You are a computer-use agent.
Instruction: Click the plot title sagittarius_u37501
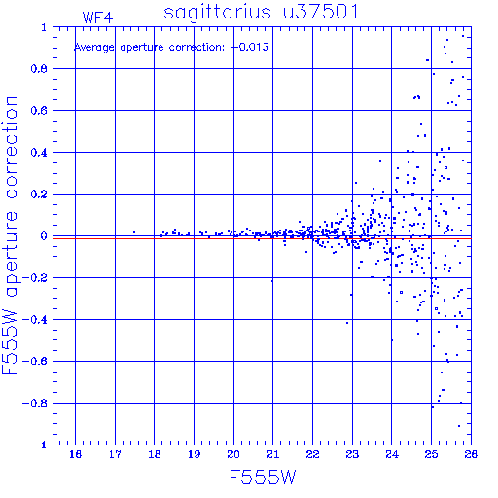click(x=261, y=13)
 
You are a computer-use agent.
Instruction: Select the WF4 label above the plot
click(x=97, y=18)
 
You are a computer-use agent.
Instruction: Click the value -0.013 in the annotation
click(x=251, y=47)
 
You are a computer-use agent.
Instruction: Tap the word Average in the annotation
click(x=94, y=48)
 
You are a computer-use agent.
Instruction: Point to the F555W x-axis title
click(x=263, y=478)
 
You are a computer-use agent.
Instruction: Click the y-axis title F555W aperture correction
click(x=10, y=235)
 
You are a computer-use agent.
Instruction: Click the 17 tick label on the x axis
click(x=115, y=454)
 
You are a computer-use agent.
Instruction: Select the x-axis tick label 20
click(x=233, y=454)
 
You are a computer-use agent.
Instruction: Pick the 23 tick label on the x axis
click(x=352, y=454)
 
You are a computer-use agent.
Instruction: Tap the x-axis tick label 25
click(x=431, y=454)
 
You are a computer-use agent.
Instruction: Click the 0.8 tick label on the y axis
click(x=39, y=69)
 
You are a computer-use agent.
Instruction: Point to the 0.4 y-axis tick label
click(x=39, y=153)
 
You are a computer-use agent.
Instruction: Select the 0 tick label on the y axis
click(x=44, y=236)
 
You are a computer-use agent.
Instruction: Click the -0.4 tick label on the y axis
click(x=35, y=320)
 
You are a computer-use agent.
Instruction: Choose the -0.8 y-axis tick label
click(x=35, y=404)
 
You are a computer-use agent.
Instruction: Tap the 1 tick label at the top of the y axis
click(x=44, y=27)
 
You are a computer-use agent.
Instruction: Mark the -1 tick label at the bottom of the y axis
click(x=40, y=445)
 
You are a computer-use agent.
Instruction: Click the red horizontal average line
click(x=262, y=238)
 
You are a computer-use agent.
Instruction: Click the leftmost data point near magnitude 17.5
click(x=134, y=232)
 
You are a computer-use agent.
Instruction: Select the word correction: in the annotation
click(x=196, y=48)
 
